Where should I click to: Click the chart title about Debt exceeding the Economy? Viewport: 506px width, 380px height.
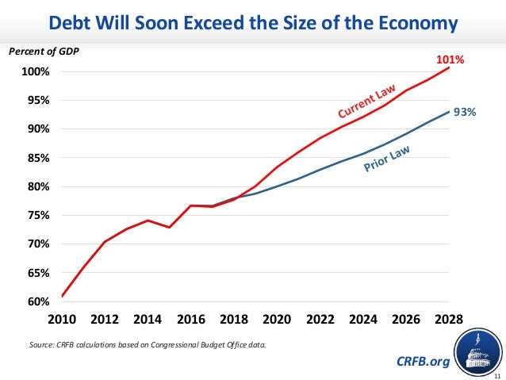[253, 23]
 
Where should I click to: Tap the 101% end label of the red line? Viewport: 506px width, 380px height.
[449, 59]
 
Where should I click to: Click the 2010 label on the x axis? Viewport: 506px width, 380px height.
[62, 320]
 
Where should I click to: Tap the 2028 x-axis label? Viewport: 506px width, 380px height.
[449, 320]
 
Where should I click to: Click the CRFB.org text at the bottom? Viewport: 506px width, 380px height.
[423, 362]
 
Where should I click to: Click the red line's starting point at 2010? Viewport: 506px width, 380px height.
[62, 296]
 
